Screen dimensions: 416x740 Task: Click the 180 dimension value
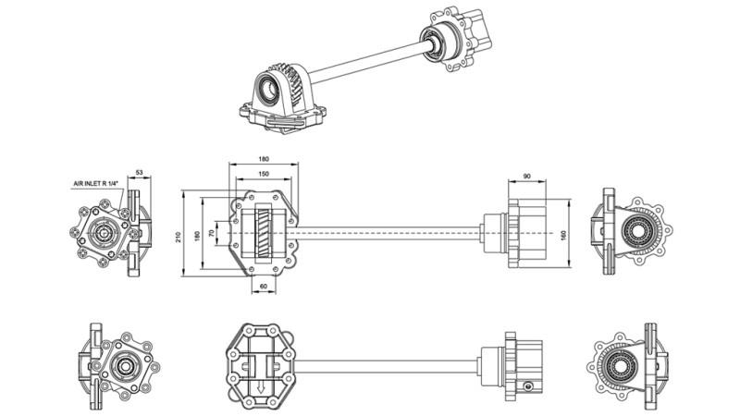click(x=264, y=159)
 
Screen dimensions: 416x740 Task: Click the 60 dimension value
click(x=264, y=288)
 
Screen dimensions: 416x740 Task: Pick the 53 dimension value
click(x=140, y=172)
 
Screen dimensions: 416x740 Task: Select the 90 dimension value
click(x=526, y=177)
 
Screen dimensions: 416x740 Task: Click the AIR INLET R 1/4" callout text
click(x=98, y=185)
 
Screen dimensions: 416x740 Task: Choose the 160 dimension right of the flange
click(x=564, y=235)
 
